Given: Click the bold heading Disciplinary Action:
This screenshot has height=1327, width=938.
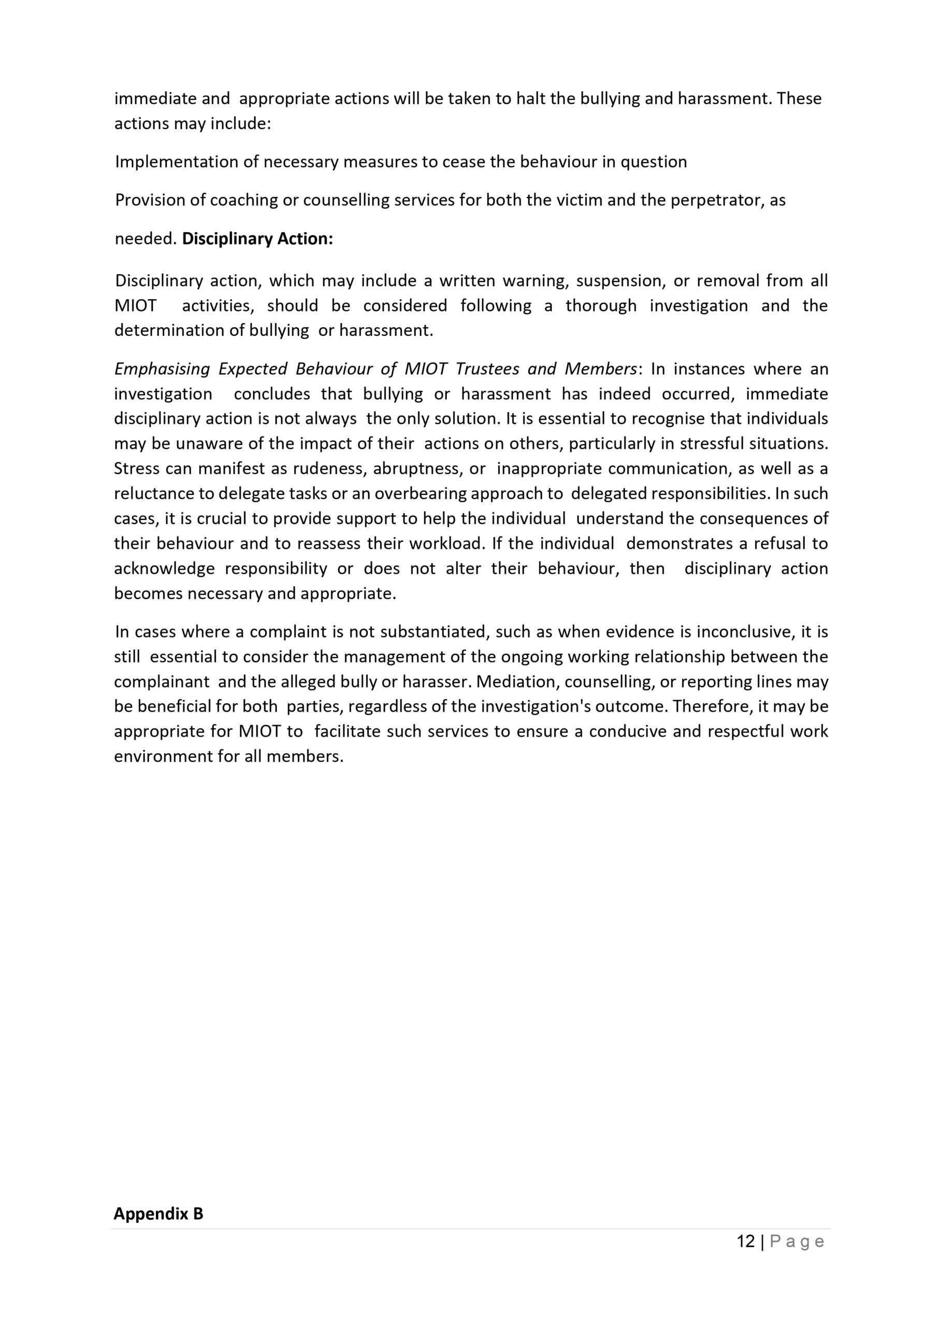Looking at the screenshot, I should [x=257, y=238].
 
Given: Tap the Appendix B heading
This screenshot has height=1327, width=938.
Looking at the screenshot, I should [x=158, y=1213].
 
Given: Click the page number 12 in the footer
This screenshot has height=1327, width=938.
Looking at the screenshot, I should [x=746, y=1241].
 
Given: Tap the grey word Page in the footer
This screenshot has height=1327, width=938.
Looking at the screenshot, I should [x=797, y=1241].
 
